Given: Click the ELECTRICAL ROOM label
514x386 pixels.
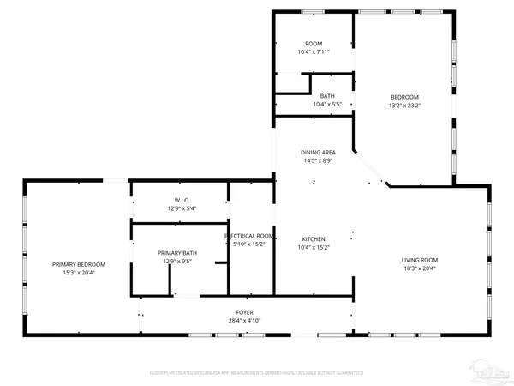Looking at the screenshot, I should [249, 236].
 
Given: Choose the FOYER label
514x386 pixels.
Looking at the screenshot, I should [245, 312].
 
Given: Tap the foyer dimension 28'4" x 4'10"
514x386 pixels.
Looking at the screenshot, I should [245, 321].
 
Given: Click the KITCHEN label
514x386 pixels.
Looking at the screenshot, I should [314, 239].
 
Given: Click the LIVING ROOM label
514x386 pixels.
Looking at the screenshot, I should [420, 260].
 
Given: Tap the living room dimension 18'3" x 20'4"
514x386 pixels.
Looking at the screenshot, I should [420, 268].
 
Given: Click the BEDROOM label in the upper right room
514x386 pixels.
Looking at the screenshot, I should [405, 96].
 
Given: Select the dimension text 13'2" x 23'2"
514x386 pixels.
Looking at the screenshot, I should [405, 105].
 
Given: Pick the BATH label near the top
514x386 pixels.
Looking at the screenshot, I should [327, 96].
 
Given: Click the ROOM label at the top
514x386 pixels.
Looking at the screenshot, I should [314, 44].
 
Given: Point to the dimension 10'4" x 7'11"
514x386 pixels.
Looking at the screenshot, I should [314, 52].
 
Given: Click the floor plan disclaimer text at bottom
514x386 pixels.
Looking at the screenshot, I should [257, 373].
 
